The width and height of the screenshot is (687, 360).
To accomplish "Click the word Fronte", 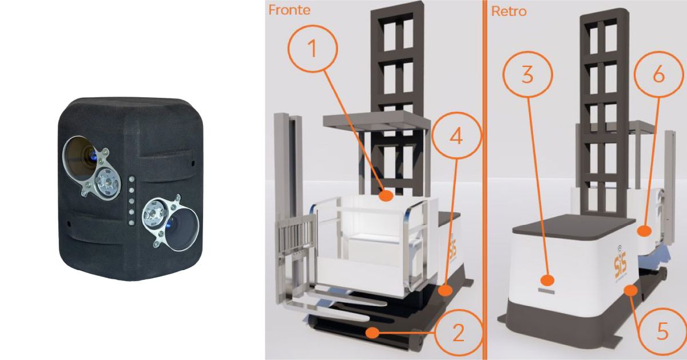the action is [x=289, y=10].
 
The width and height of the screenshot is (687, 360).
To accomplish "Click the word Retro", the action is [x=509, y=11].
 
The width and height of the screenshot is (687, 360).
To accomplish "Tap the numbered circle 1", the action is [x=312, y=49].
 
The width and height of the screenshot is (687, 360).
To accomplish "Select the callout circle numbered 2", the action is [x=458, y=332].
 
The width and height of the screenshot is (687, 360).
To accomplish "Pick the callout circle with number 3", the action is [x=527, y=74].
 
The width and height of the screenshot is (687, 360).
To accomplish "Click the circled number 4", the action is [x=456, y=136].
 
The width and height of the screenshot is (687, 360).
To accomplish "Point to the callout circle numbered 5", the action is [x=662, y=332].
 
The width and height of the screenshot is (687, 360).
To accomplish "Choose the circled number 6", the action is [x=659, y=74].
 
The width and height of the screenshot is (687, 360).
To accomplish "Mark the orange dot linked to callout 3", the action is [x=547, y=280].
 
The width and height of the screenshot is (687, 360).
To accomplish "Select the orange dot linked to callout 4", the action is [x=446, y=290].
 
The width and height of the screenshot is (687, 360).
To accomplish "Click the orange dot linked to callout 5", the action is [x=630, y=290].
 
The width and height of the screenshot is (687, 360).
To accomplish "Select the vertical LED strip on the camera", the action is [x=132, y=200].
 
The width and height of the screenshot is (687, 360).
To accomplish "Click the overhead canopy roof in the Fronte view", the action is [x=376, y=120].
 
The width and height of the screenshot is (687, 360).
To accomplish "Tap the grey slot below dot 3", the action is [x=546, y=291].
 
